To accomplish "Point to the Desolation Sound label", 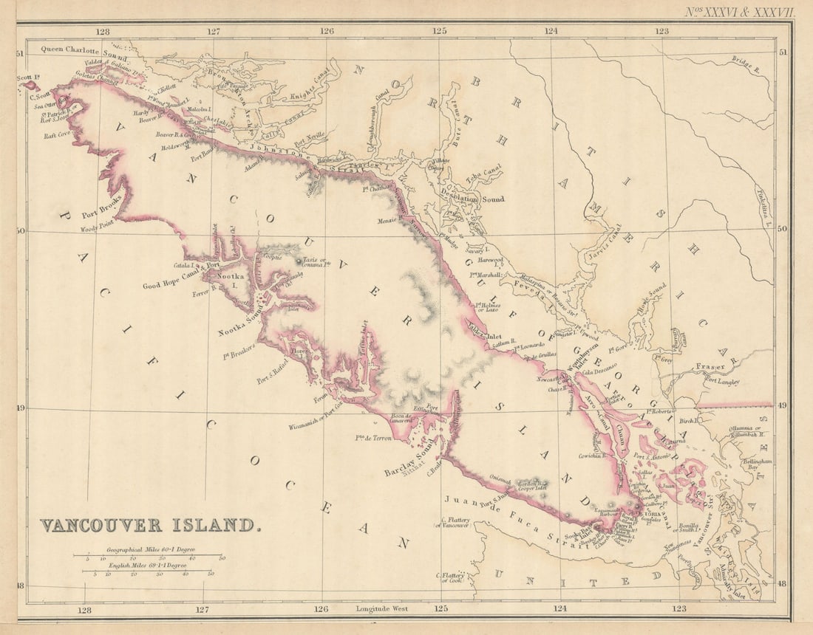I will pos(473,199).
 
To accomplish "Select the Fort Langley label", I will pos(721,382).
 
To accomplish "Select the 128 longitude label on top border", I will pos(102,31).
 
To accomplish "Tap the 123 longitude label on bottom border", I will pos(678,609).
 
